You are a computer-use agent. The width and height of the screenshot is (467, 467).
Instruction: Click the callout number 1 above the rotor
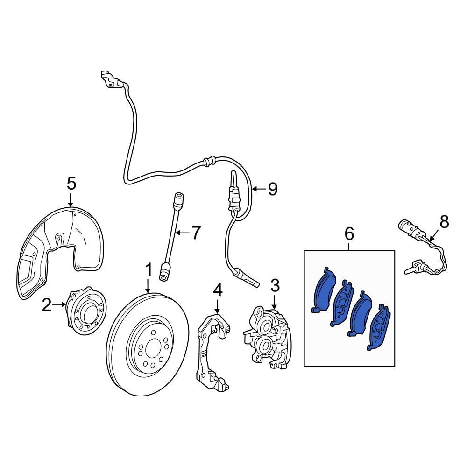(148, 270)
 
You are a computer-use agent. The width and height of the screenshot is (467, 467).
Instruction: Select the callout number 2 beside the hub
(46, 305)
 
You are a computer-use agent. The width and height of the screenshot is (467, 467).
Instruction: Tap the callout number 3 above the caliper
(275, 285)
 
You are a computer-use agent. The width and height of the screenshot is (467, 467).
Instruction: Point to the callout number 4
(218, 291)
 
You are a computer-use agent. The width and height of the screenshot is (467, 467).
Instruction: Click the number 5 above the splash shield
(71, 184)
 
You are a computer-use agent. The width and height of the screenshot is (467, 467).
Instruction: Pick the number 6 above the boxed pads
(349, 233)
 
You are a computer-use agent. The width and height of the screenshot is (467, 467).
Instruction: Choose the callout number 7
(195, 233)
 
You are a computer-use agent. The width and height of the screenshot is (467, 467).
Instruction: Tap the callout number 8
(444, 222)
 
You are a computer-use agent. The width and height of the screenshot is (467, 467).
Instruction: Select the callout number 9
(272, 189)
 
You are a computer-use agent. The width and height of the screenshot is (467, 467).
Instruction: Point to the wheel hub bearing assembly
(87, 312)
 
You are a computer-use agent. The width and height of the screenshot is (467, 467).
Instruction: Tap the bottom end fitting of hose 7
(164, 272)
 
